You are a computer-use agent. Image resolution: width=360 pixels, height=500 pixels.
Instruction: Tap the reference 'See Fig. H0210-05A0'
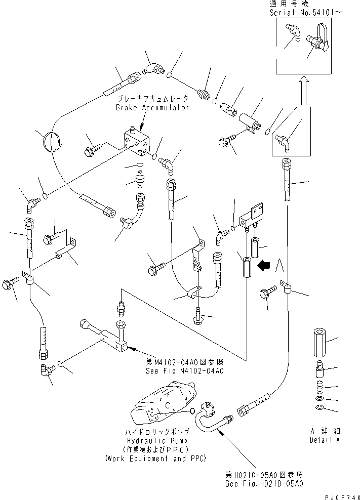click(264, 483)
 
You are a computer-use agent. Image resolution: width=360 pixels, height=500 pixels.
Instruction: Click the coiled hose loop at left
click(53, 141)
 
